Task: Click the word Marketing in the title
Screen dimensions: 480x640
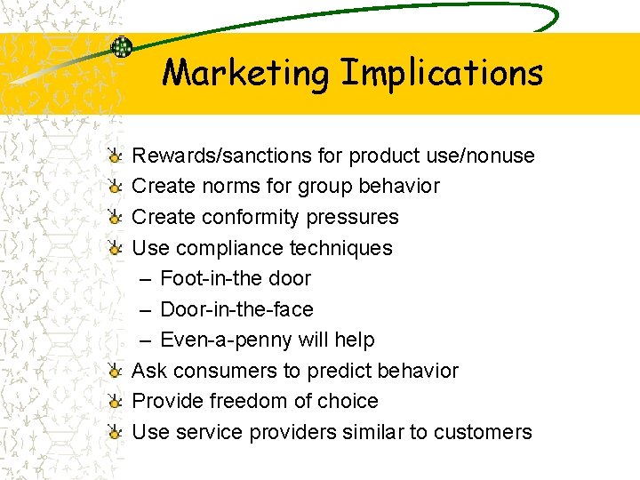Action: point(245,72)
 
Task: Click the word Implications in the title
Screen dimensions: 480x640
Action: point(442,73)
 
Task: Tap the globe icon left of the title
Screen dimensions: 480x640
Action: point(122,48)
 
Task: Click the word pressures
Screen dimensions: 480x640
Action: point(355,217)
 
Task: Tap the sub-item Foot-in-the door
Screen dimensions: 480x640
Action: point(236,278)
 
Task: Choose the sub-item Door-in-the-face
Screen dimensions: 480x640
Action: point(236,309)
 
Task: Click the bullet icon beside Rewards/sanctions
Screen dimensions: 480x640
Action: point(115,156)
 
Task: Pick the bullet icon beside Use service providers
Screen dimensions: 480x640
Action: point(115,433)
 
